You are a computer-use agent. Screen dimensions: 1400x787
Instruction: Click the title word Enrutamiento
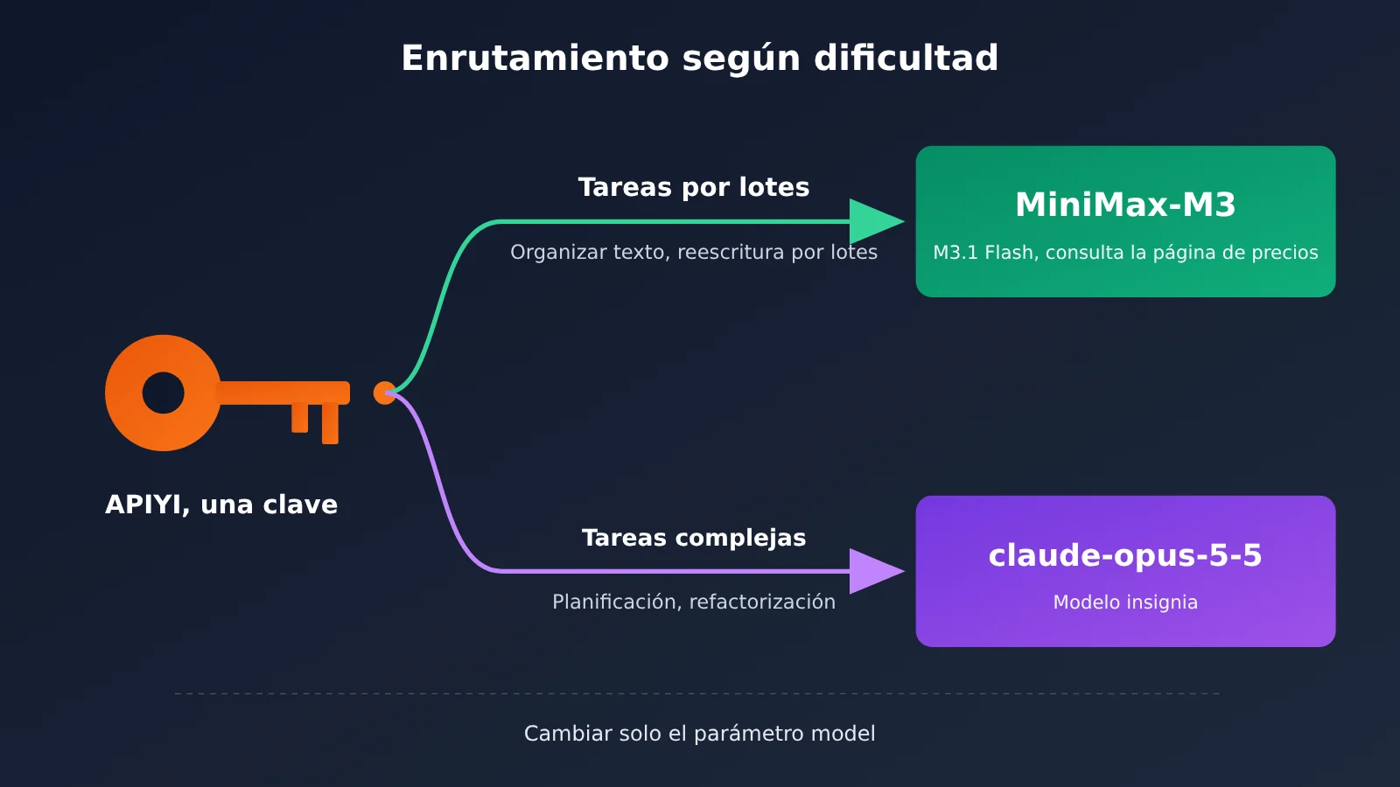click(535, 58)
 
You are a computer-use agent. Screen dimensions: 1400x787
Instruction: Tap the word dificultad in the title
click(906, 58)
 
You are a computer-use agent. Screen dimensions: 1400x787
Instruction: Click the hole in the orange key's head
click(163, 393)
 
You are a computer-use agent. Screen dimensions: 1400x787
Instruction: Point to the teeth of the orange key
click(315, 423)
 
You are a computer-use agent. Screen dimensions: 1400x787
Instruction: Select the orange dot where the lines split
click(384, 393)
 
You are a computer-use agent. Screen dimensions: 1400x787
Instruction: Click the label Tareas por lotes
click(694, 187)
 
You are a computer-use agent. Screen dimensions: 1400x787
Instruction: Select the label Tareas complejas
click(694, 538)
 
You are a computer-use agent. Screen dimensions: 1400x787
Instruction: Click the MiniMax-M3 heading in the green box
click(1125, 205)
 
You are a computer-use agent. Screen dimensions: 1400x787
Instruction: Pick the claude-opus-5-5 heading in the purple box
click(1125, 555)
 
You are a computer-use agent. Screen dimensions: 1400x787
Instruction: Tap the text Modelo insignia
click(1125, 602)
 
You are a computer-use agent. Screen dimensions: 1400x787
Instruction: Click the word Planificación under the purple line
click(617, 602)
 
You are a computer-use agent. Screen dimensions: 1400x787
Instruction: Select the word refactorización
click(762, 602)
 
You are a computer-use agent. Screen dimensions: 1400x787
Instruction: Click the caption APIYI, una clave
click(221, 505)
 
